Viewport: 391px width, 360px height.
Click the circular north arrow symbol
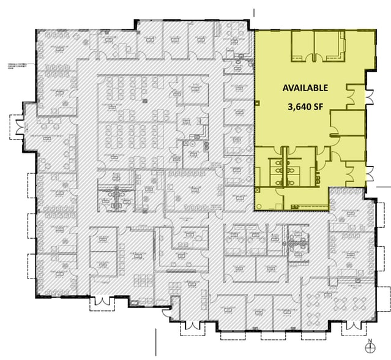369,347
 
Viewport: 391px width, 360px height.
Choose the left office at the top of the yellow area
302,46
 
